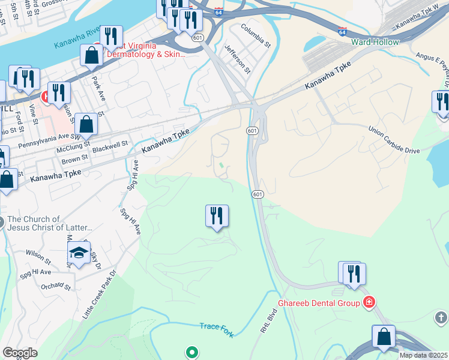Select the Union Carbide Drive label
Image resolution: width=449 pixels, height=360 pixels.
tap(394, 139)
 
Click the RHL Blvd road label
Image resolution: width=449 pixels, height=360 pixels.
tap(268, 321)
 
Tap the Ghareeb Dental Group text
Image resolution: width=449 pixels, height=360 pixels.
tap(318, 303)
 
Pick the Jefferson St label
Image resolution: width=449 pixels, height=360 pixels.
tap(237, 58)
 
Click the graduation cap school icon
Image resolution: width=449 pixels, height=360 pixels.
tap(79, 253)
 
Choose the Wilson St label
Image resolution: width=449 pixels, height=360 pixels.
tap(38, 257)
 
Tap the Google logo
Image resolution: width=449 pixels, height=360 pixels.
tap(20, 353)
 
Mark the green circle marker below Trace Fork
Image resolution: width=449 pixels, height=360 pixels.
tap(191, 352)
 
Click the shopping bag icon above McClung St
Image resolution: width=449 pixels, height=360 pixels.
tap(86, 125)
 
